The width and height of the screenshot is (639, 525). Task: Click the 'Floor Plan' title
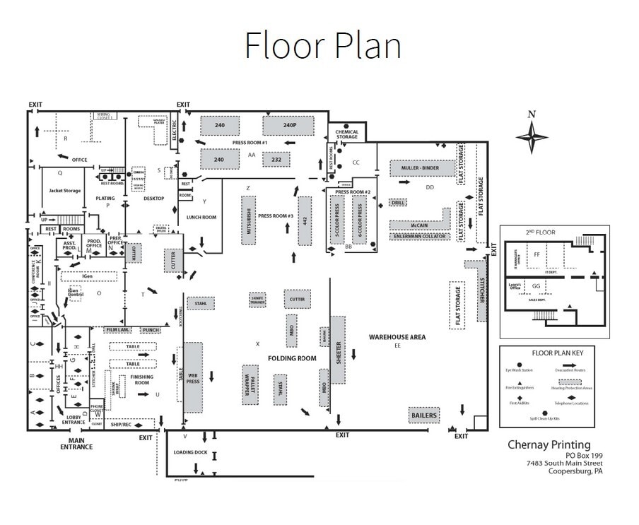point(323,46)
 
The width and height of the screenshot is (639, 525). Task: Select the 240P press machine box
point(288,126)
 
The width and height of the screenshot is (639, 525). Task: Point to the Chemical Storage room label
point(346,134)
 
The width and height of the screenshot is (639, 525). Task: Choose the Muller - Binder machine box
point(420,168)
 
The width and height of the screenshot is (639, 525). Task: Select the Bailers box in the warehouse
point(423,415)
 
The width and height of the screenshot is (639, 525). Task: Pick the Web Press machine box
point(193,377)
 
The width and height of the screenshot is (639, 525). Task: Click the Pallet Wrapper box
point(249,385)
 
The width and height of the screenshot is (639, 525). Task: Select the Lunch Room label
point(201,217)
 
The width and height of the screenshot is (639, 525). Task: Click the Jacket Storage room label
point(65,191)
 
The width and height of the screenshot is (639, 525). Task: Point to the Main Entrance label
point(76,444)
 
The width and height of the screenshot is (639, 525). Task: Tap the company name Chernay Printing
point(549,444)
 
